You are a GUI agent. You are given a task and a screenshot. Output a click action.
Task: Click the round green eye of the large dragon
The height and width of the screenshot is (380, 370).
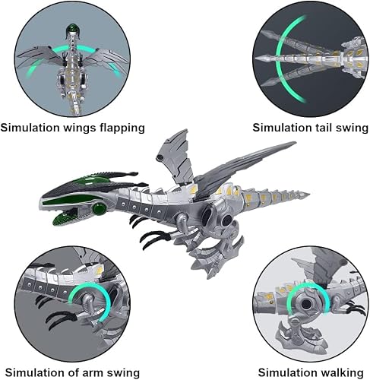(99, 209)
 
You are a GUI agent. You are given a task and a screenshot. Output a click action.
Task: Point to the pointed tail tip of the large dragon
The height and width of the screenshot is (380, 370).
(308, 195)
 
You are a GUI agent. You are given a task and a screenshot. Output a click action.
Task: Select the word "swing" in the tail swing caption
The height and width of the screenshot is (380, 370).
(352, 128)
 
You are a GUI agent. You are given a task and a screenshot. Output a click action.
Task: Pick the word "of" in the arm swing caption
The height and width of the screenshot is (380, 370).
(74, 372)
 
